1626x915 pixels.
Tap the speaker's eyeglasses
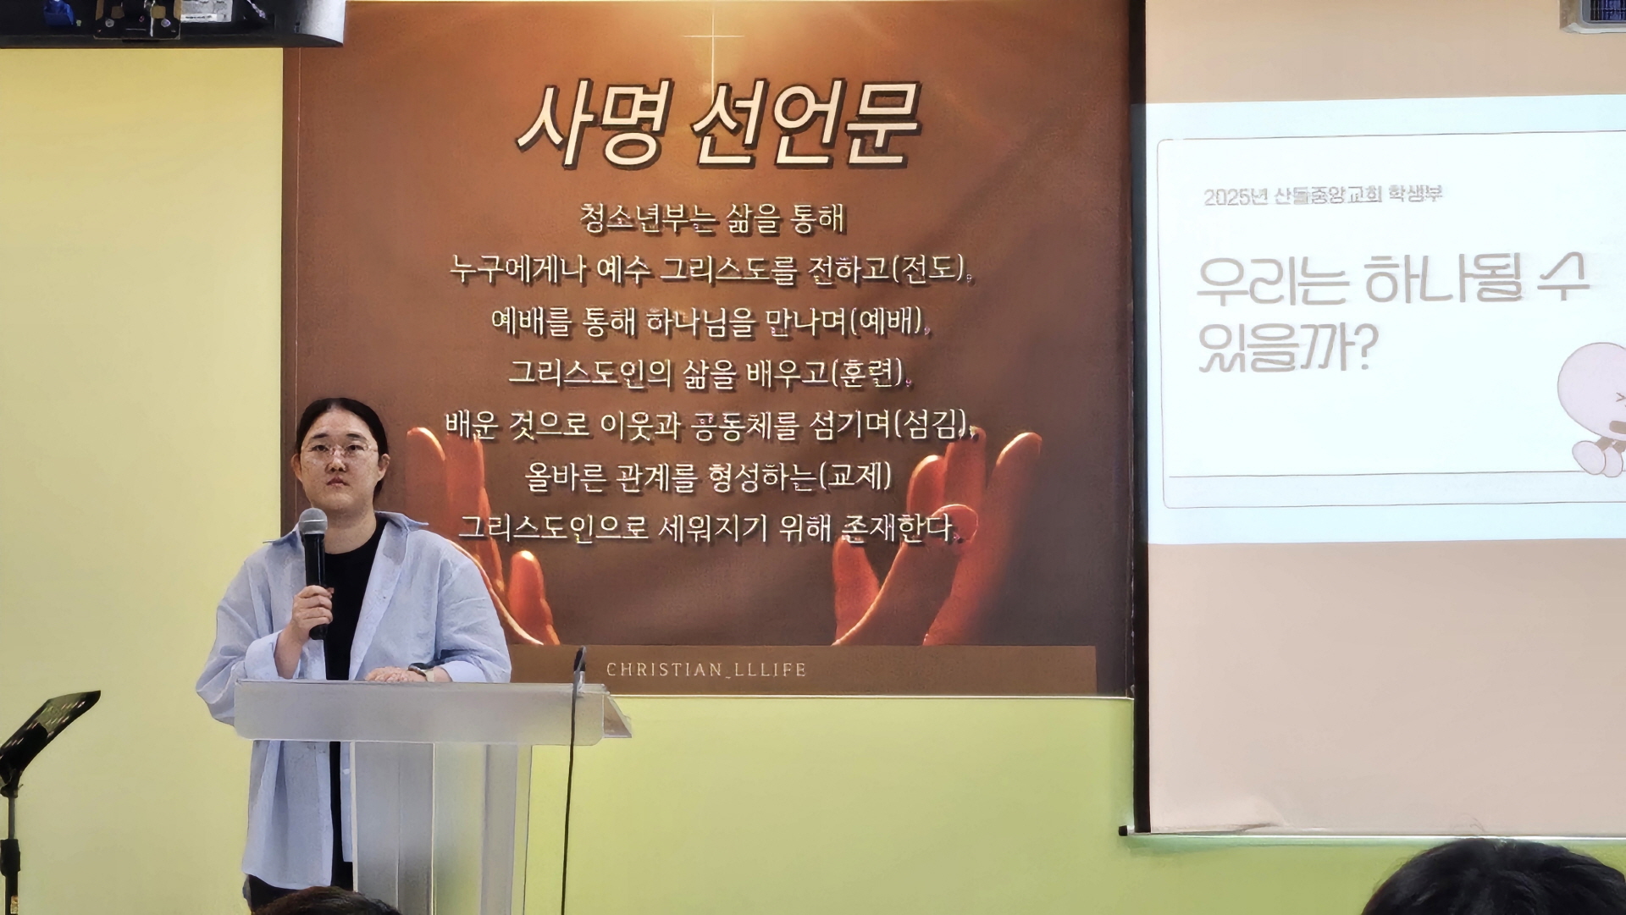(339, 450)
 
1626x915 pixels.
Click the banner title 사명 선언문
(718, 124)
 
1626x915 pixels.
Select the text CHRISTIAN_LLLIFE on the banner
(706, 670)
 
